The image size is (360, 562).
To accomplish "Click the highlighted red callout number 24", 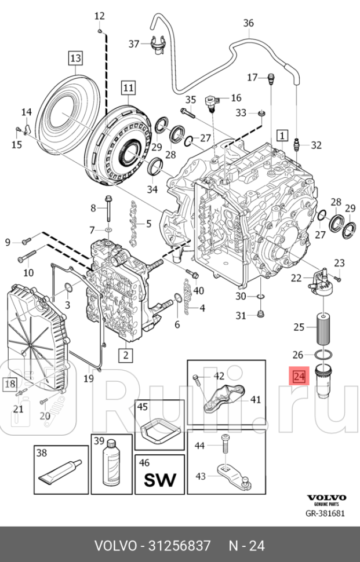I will click(x=299, y=377).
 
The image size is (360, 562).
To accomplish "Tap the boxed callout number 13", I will click(x=75, y=58).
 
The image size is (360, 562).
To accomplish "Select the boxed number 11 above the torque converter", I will click(x=128, y=88).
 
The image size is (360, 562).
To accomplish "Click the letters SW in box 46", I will click(x=159, y=480).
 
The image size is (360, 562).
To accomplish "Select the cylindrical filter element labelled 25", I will click(x=323, y=328).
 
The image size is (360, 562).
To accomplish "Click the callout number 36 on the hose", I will click(x=248, y=23).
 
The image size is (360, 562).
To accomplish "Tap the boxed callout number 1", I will click(x=282, y=136).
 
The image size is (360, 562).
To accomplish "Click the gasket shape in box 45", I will click(x=159, y=432).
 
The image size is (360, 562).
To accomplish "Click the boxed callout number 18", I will click(x=10, y=383).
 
